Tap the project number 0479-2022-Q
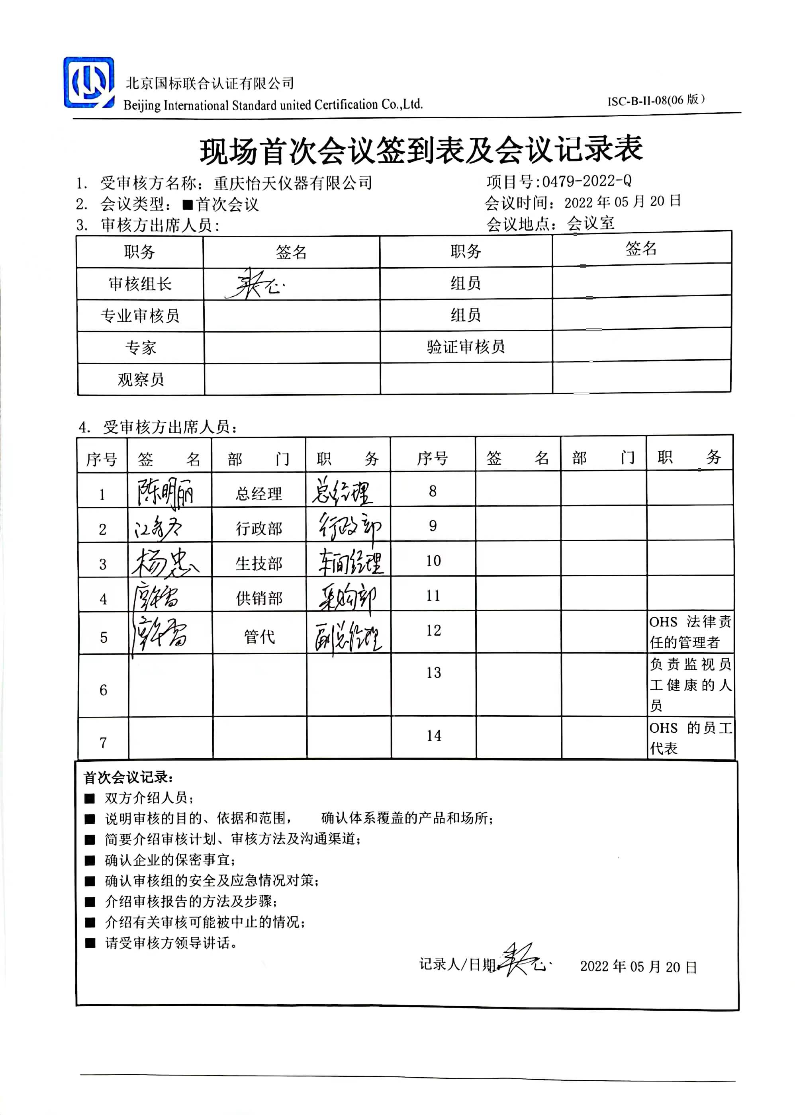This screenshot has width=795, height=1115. coord(586,181)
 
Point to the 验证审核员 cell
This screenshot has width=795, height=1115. coord(466,347)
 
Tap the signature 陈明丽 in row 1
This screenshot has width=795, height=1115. coord(165,491)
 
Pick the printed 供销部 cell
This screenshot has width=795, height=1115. coord(259,598)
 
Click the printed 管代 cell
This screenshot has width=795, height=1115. coord(259,637)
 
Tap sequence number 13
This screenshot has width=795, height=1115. coord(433,673)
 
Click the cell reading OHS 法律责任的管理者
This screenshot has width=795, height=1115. coord(690,632)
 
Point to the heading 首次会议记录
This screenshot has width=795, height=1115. coord(128,777)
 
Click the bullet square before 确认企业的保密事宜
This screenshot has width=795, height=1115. coord(90,861)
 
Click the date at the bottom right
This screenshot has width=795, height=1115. coord(638,967)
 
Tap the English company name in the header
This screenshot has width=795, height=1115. coord(273,105)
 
